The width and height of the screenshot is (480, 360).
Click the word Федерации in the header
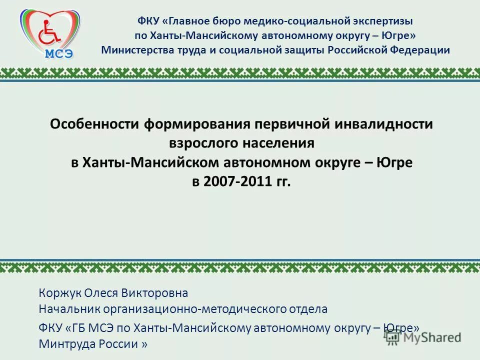[x=421, y=50]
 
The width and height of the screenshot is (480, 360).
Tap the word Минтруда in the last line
[x=62, y=344]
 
